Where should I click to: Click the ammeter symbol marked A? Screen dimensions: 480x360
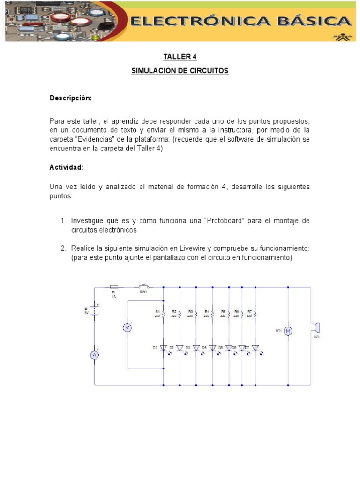pos(94,355)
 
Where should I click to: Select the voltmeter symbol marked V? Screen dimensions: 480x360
pos(127,328)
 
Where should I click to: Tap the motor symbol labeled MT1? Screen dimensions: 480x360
pos(289,331)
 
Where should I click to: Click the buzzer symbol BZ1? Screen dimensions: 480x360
pos(315,327)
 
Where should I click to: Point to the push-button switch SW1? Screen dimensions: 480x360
pos(143,286)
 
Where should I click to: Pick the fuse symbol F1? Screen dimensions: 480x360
pos(114,287)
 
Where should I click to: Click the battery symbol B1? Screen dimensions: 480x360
pos(94,310)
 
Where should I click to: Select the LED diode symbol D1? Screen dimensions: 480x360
pos(163,348)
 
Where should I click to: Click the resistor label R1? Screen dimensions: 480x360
pos(157,311)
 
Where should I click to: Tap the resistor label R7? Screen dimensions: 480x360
pos(249,311)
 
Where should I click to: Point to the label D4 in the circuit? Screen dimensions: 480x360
pos(204,347)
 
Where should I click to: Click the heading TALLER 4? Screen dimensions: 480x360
pos(180,57)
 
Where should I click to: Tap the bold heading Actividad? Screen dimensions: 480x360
pos(67,167)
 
